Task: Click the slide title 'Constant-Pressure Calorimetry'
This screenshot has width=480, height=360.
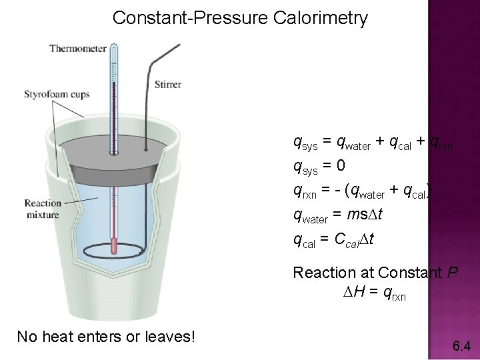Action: click(240, 18)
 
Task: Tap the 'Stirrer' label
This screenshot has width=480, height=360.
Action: click(167, 85)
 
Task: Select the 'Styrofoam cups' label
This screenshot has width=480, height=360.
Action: click(57, 94)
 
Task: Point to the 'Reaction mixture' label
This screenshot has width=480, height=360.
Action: click(43, 209)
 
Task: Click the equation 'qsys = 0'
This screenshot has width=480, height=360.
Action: click(320, 165)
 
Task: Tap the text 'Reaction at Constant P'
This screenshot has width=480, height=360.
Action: click(375, 273)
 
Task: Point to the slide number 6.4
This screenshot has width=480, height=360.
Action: click(461, 345)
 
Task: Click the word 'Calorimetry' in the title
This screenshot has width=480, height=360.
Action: click(321, 18)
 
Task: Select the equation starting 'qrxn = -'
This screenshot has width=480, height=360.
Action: click(363, 190)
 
